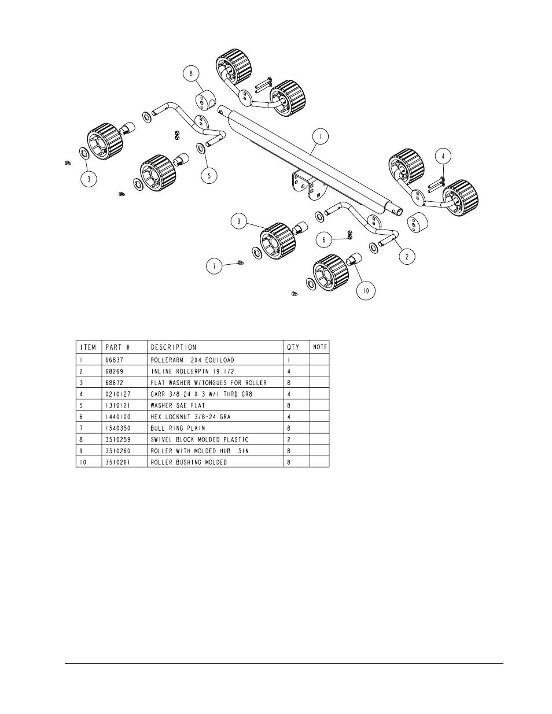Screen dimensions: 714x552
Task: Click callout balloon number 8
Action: pyautogui.click(x=192, y=73)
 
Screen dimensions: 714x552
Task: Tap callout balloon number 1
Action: pyautogui.click(x=320, y=136)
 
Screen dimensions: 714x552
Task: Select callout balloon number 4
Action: pyautogui.click(x=443, y=156)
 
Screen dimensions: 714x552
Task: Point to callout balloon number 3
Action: pyautogui.click(x=89, y=179)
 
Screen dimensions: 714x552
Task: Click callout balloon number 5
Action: pyautogui.click(x=209, y=175)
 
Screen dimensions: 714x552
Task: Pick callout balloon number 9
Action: pyautogui.click(x=239, y=221)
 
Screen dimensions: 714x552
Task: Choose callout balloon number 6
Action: pyautogui.click(x=324, y=239)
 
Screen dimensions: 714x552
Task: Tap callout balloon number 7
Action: pyautogui.click(x=215, y=266)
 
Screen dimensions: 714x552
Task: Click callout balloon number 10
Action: pyautogui.click(x=366, y=291)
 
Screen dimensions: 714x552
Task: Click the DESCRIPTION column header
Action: pyautogui.click(x=174, y=347)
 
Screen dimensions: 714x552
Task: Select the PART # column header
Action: pyautogui.click(x=117, y=347)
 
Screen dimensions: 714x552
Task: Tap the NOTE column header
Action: pyautogui.click(x=320, y=347)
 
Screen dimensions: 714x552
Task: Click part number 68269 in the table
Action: pyautogui.click(x=115, y=371)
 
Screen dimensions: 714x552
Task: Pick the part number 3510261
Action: pyautogui.click(x=117, y=463)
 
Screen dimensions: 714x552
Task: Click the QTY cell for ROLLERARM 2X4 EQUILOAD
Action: pyautogui.click(x=289, y=360)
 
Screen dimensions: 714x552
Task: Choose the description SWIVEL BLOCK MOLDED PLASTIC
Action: pyautogui.click(x=199, y=440)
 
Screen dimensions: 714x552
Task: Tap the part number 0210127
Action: pyautogui.click(x=117, y=394)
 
